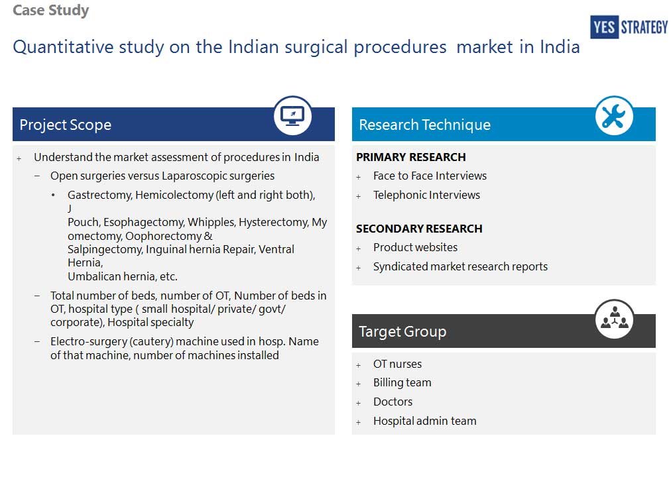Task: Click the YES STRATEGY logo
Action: [629, 27]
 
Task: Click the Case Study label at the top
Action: [51, 10]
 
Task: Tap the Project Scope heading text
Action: [66, 125]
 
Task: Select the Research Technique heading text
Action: [424, 125]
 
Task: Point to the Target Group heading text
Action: [402, 331]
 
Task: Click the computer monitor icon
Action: [292, 115]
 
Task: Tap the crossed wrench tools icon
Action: [614, 115]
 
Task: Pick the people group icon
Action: [615, 319]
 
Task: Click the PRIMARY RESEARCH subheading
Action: [411, 158]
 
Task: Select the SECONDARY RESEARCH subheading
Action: [419, 229]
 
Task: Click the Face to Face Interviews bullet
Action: [430, 176]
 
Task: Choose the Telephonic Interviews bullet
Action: [426, 195]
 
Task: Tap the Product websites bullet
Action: [415, 247]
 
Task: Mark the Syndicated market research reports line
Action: [460, 266]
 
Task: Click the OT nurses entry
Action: [398, 364]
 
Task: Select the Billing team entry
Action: [402, 383]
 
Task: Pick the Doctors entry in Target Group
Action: [393, 402]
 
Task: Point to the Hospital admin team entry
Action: [424, 421]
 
